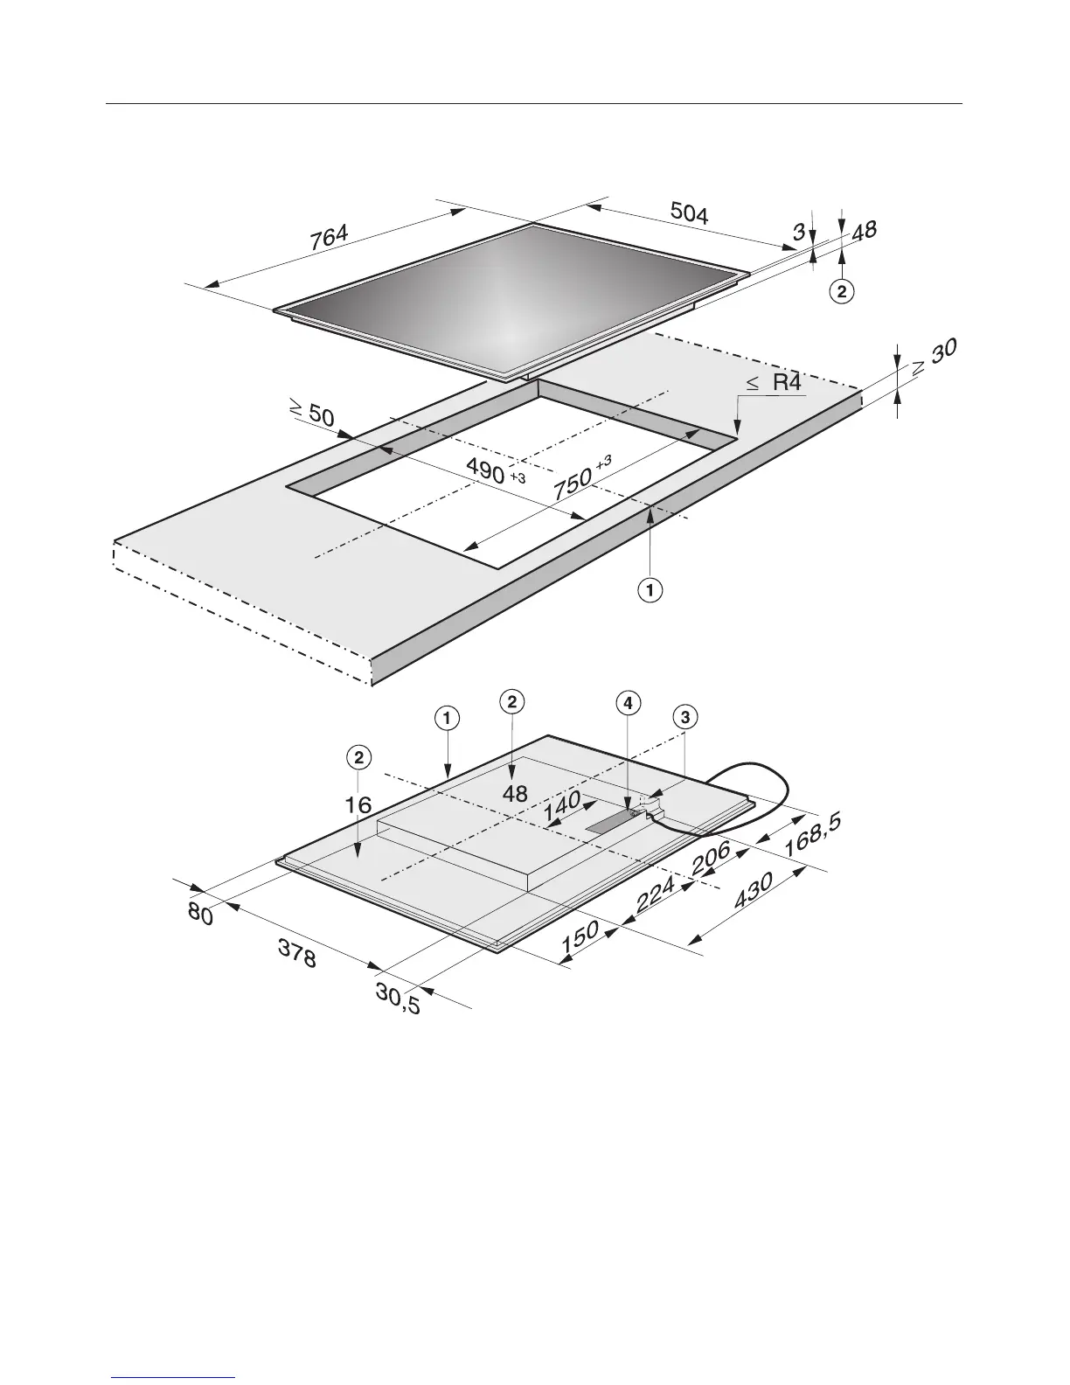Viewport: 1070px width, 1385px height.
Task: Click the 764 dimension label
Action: click(329, 238)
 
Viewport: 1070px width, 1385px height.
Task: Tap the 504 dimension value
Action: click(689, 212)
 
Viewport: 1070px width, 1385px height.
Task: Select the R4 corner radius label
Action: click(787, 382)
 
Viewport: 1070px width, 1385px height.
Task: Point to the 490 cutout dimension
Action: click(486, 470)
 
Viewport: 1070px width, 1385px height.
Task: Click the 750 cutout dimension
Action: click(573, 485)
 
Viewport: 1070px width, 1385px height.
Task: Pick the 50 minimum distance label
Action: click(321, 416)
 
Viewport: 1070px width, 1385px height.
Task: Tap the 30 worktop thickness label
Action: click(944, 351)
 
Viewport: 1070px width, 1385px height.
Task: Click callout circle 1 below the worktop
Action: click(650, 590)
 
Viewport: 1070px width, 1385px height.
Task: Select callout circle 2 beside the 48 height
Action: click(842, 292)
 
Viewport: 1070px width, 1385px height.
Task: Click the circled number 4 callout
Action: click(629, 703)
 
